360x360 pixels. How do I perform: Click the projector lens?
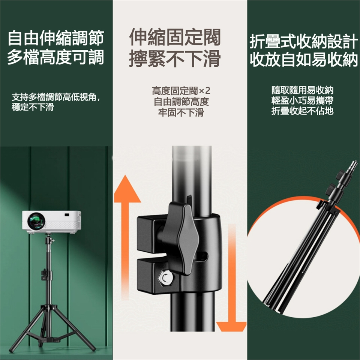pyautogui.click(x=36, y=221)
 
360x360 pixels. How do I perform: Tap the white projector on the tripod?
pyautogui.click(x=52, y=222)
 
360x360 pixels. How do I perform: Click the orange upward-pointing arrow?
pyautogui.click(x=127, y=237)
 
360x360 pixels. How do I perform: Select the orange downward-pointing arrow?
pyautogui.click(x=231, y=278)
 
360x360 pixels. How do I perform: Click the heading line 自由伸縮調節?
pyautogui.click(x=56, y=38)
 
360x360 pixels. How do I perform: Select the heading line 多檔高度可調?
pyautogui.click(x=56, y=57)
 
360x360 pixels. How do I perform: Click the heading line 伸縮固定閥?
pyautogui.click(x=175, y=37)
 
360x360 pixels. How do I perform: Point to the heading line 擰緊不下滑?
pyautogui.click(x=175, y=59)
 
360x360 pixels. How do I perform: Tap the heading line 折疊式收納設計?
pyautogui.click(x=304, y=41)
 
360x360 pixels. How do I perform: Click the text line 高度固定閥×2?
pyautogui.click(x=181, y=91)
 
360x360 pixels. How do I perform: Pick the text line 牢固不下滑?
pyautogui.click(x=181, y=112)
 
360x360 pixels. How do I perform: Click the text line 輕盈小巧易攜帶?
pyautogui.click(x=302, y=100)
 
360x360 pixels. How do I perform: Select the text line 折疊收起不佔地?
pyautogui.click(x=302, y=111)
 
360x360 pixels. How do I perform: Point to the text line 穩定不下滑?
pyautogui.click(x=33, y=107)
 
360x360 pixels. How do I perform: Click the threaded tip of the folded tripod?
pyautogui.click(x=354, y=164)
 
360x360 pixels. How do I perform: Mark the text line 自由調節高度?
pyautogui.click(x=181, y=102)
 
